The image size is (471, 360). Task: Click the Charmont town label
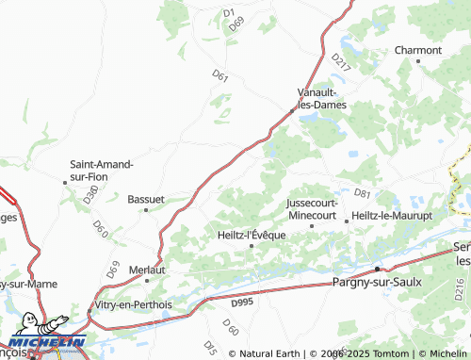pyautogui.click(x=418, y=50)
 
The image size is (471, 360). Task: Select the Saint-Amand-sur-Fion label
pyautogui.click(x=102, y=170)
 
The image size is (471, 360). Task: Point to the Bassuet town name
pyautogui.click(x=146, y=200)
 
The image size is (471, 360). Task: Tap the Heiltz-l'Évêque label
pyautogui.click(x=251, y=235)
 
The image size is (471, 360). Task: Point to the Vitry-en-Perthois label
pyautogui.click(x=133, y=304)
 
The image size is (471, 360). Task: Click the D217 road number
pyautogui.click(x=340, y=62)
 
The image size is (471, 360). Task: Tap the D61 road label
pyautogui.click(x=220, y=76)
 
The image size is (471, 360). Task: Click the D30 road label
pyautogui.click(x=90, y=195)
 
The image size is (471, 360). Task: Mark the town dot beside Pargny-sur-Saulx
pyautogui.click(x=377, y=269)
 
